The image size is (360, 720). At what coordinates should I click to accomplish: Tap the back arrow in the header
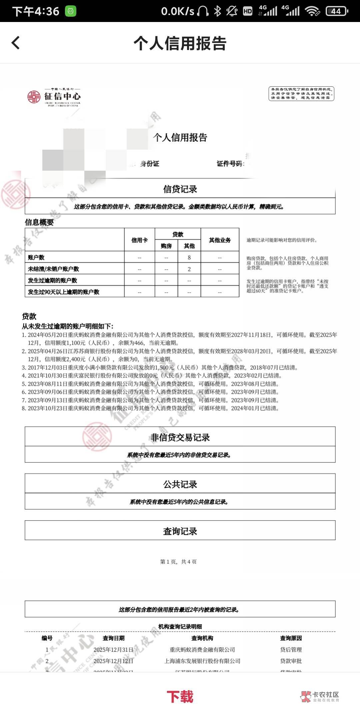(16, 43)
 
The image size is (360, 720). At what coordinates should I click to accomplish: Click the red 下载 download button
(180, 696)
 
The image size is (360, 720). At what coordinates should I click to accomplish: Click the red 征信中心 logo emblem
(34, 97)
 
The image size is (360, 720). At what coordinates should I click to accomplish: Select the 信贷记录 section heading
(180, 189)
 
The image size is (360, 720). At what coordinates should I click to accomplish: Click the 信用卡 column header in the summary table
(139, 240)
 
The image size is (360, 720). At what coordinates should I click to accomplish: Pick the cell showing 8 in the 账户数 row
(189, 257)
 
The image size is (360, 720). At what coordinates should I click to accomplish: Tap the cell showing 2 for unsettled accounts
(189, 269)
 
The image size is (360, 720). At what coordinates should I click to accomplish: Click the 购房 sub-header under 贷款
(166, 246)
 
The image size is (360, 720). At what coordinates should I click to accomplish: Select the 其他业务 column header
(220, 240)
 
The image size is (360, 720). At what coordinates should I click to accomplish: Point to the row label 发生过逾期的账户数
(52, 280)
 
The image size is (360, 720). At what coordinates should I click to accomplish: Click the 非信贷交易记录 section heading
(180, 437)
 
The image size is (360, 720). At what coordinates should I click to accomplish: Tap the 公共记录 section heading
(180, 484)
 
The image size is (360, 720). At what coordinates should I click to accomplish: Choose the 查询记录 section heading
(180, 531)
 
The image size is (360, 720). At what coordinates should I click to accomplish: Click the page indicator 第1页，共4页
(178, 562)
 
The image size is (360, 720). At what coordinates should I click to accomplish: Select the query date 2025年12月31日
(113, 650)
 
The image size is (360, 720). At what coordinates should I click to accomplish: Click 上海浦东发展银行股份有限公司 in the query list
(202, 661)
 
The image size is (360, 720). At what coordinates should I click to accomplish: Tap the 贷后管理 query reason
(291, 650)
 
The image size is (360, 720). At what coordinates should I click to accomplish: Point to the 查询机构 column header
(202, 638)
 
